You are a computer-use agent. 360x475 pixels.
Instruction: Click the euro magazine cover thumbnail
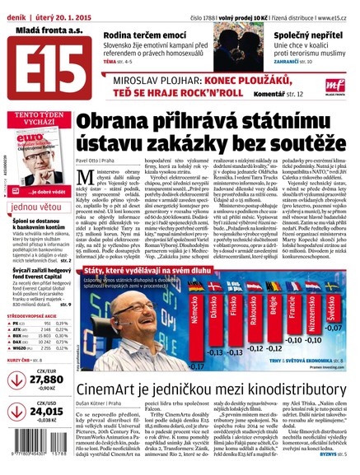pos(33,156)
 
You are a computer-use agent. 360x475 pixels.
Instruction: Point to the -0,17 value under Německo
pos(194,365)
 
